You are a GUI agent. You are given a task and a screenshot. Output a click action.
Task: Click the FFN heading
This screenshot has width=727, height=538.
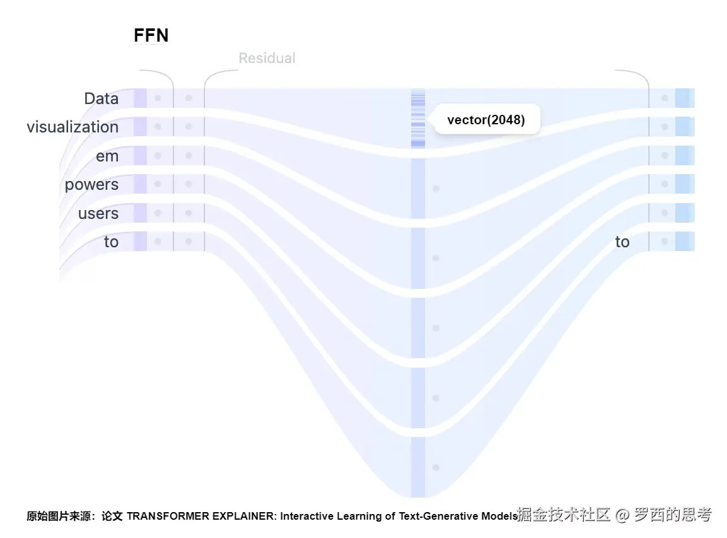coord(151,36)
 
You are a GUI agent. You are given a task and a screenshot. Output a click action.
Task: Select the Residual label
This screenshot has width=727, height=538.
coord(267,59)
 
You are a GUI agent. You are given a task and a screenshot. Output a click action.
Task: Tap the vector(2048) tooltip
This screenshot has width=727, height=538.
coord(486,119)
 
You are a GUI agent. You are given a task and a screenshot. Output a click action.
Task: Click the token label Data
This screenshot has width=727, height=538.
coord(101,98)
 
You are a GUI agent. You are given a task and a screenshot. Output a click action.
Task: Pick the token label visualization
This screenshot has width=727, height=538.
coord(73,127)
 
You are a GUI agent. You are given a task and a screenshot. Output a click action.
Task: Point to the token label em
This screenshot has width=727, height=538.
coord(107,156)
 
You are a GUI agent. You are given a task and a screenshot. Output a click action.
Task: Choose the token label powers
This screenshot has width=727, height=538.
coord(91,185)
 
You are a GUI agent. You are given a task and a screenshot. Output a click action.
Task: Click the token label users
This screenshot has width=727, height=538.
coord(98,214)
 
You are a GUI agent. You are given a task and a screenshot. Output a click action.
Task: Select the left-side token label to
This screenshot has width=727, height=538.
coord(111,242)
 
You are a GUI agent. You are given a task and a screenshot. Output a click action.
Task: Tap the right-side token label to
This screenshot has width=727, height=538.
coord(622,242)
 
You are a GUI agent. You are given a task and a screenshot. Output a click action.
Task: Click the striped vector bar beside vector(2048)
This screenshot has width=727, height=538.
coord(418,119)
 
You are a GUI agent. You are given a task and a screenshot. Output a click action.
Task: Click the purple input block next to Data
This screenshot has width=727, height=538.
coord(140,98)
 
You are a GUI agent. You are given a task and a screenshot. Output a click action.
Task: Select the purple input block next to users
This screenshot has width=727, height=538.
coord(140,213)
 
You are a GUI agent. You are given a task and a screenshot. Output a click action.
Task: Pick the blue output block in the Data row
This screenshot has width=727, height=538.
coord(684,98)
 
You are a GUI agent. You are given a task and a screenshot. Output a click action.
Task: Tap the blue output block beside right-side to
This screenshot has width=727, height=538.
coord(684,242)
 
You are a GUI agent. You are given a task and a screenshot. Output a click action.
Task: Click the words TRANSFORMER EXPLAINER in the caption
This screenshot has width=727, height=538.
coord(201,516)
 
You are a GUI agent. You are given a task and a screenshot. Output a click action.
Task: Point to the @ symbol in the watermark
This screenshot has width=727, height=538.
coord(622,515)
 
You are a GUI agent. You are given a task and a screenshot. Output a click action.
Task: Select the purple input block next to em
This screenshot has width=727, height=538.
coord(140,156)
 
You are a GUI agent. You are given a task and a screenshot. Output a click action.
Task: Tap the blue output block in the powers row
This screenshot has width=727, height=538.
coord(684,184)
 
